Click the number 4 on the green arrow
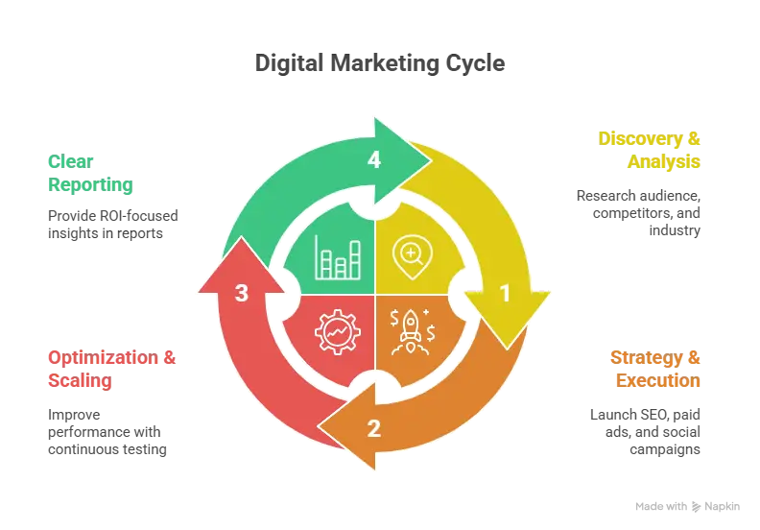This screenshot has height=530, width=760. click(374, 160)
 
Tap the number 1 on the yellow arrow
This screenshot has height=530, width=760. click(505, 294)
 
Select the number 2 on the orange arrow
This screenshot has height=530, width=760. click(374, 428)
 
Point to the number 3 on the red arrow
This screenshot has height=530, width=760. click(242, 294)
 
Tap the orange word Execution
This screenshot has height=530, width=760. click(658, 381)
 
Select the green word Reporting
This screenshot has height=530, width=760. click(90, 184)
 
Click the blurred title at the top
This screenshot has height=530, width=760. click(379, 64)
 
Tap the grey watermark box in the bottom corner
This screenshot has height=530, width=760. click(686, 506)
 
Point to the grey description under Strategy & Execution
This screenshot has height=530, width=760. click(645, 432)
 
